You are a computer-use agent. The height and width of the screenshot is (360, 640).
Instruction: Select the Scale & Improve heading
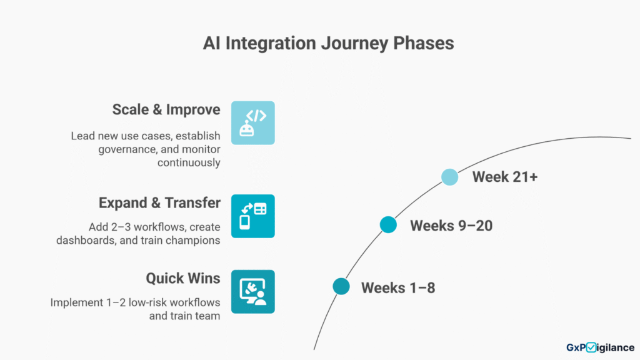(x=166, y=110)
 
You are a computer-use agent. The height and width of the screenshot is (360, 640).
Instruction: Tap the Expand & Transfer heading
(x=159, y=203)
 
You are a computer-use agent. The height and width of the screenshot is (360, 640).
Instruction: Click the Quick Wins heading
(x=183, y=278)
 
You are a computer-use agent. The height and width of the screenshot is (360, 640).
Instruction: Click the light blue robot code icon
(x=252, y=123)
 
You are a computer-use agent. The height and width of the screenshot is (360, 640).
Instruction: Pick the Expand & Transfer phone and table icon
(x=252, y=216)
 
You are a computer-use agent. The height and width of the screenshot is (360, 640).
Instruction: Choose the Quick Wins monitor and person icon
(x=252, y=291)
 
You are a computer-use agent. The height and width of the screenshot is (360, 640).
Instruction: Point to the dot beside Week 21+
(x=449, y=177)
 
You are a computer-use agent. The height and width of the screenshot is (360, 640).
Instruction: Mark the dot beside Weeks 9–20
(x=388, y=225)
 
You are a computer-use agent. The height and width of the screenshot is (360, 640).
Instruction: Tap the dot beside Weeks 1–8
(x=341, y=286)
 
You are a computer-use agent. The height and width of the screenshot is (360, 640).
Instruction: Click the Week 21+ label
(x=505, y=177)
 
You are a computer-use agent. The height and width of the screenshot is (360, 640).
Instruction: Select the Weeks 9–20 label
(x=451, y=226)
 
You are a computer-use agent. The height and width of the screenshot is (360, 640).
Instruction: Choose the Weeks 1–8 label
(x=398, y=288)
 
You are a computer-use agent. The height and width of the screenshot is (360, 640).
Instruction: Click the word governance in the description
(x=127, y=149)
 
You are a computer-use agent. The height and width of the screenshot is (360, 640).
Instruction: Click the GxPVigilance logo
(x=601, y=347)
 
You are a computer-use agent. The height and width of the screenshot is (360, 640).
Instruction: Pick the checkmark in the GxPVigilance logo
(x=591, y=347)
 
